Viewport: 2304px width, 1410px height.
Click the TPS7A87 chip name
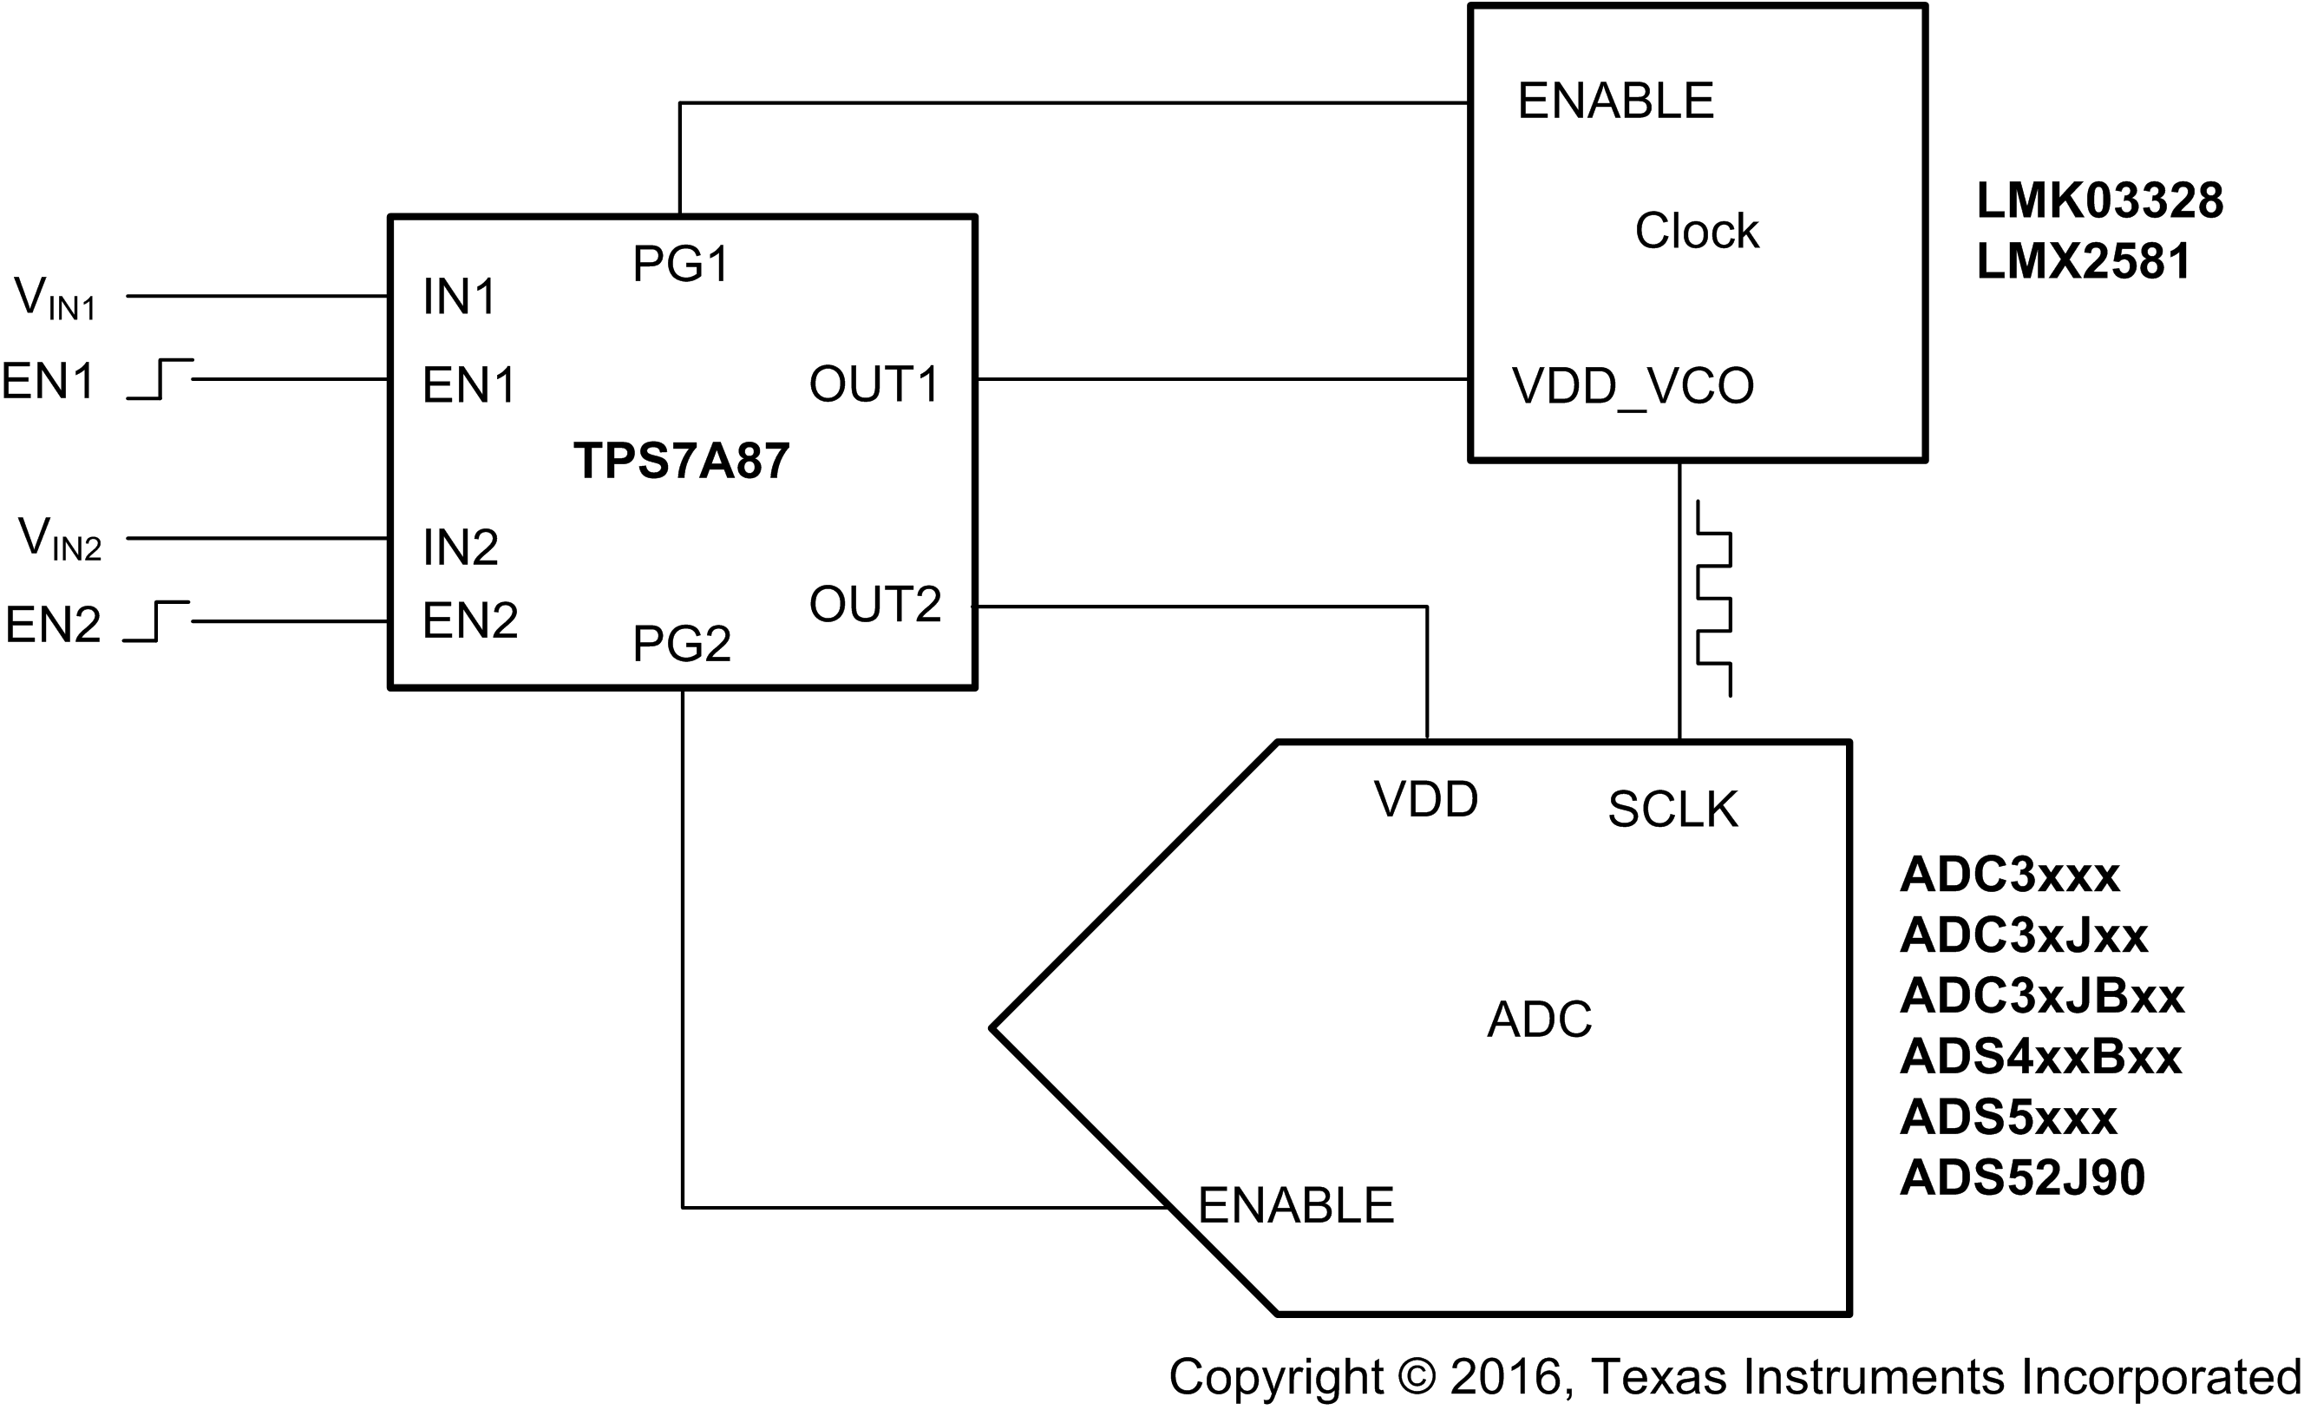pos(681,461)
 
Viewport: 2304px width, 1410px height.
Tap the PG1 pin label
pos(681,264)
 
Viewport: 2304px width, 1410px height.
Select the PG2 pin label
pos(682,643)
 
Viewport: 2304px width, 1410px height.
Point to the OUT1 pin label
pos(874,384)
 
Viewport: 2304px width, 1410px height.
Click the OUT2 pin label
pos(874,604)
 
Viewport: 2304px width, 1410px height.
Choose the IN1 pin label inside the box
pos(458,298)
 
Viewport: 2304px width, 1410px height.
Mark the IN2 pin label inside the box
pos(460,547)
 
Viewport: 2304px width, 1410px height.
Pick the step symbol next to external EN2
pos(157,621)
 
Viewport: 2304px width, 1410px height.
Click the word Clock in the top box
pos(1696,231)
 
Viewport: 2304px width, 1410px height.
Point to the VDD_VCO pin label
pos(1633,386)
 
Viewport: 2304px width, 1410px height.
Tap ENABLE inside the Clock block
pos(1615,101)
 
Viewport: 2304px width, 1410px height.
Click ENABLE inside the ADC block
pos(1295,1205)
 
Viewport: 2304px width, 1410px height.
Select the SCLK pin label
pos(1672,810)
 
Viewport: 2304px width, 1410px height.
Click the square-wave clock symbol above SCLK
pos(1713,599)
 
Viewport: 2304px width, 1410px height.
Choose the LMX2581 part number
pos(2084,261)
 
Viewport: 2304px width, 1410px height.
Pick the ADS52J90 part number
pos(2021,1177)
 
